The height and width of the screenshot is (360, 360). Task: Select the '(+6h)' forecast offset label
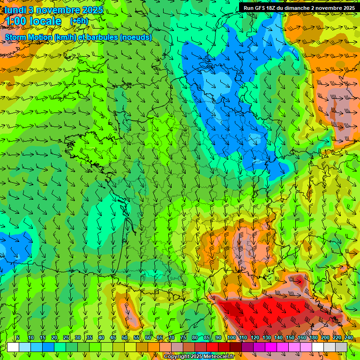tap(79, 21)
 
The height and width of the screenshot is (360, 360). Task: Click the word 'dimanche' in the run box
tap(305, 8)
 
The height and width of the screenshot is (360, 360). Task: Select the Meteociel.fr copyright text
tap(199, 357)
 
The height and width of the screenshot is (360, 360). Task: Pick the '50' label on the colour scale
tap(125, 338)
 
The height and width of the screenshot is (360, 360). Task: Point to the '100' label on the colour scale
tap(231, 338)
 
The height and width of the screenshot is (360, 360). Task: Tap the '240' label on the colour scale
tap(348, 338)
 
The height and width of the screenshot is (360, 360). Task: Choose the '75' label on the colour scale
tap(183, 338)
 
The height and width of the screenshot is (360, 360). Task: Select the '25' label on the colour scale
tap(66, 338)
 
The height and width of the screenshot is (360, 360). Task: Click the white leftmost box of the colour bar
tap(13, 347)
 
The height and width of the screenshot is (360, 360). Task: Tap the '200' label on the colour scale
tap(325, 338)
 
